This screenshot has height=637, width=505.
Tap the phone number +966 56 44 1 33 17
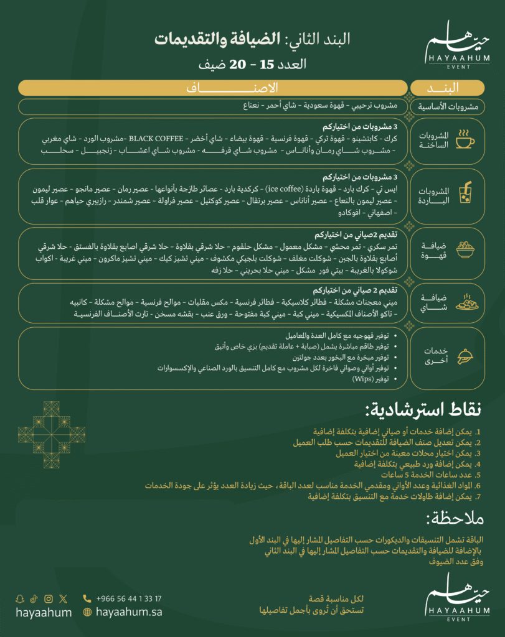coord(129,598)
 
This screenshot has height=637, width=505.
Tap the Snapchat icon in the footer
coord(20,599)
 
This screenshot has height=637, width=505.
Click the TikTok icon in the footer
coord(34,599)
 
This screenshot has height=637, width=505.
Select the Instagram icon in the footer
coord(49,599)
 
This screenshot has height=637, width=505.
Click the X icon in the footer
coord(63,599)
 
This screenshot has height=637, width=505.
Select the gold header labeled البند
coord(447,88)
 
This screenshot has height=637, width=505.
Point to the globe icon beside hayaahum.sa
coord(87,612)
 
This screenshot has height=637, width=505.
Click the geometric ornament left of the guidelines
coord(51,434)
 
